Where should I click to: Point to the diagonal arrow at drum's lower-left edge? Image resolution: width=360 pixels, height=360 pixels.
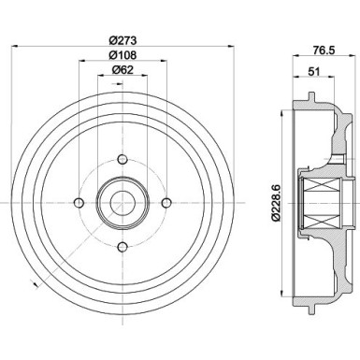point(35,281)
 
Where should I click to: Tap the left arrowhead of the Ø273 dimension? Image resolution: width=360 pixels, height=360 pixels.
point(12,46)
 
